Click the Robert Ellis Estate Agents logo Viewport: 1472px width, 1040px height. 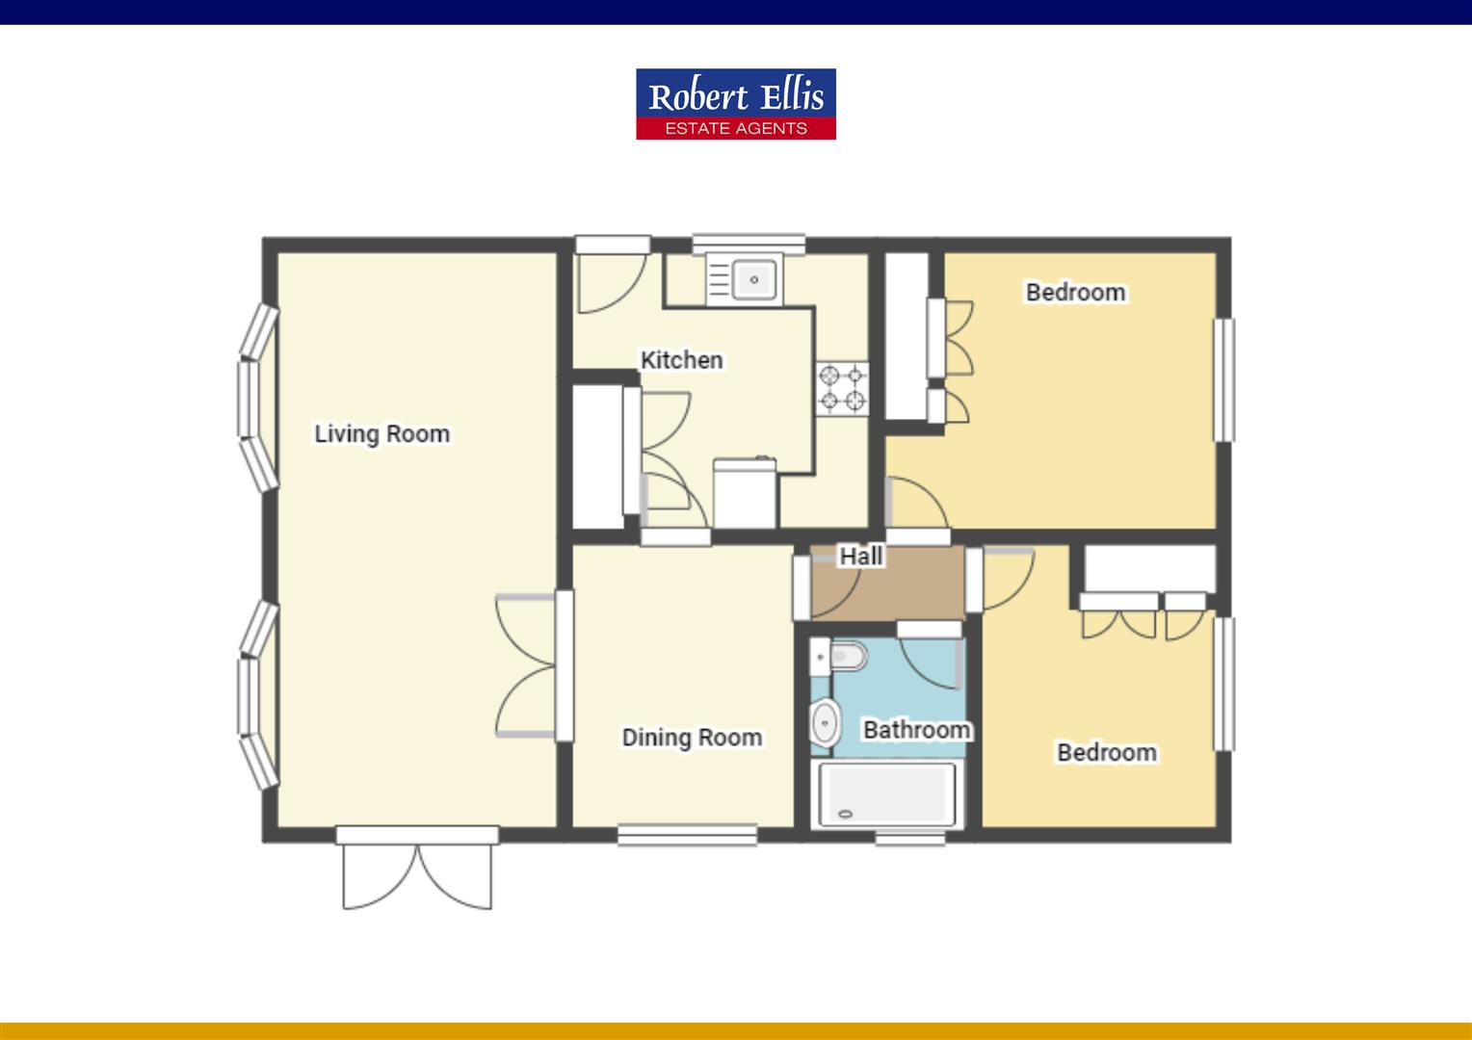[x=735, y=104]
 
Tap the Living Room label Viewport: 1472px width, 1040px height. [x=381, y=433]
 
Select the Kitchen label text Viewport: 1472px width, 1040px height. [x=681, y=360]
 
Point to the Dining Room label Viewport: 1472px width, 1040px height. [x=691, y=738]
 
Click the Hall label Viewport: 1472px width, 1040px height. [x=860, y=556]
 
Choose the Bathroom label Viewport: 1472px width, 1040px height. [x=916, y=730]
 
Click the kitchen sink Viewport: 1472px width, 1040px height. [x=753, y=279]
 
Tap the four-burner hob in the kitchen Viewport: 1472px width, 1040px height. [x=842, y=388]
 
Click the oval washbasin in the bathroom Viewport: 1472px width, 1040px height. [x=823, y=721]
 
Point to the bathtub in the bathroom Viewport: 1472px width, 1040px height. [x=886, y=795]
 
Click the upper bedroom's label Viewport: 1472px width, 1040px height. [x=1075, y=292]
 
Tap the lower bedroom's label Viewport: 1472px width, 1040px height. [x=1106, y=752]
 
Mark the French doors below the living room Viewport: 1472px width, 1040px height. [x=417, y=870]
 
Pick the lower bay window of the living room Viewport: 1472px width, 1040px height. [x=257, y=694]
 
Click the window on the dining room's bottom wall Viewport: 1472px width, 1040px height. [x=687, y=835]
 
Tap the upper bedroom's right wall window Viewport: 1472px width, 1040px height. [x=1223, y=379]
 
